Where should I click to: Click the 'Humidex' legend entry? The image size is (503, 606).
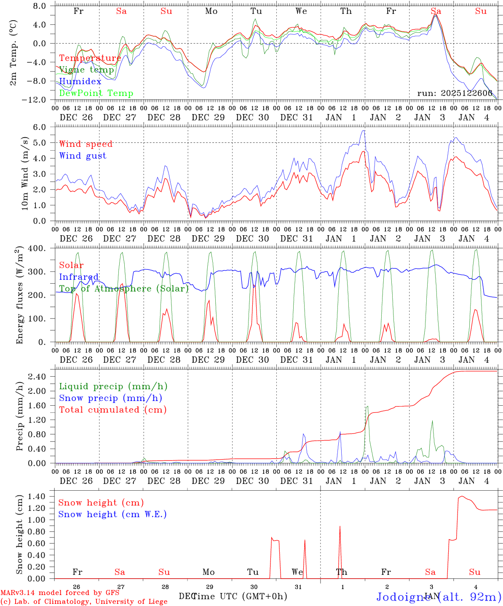pos(80,82)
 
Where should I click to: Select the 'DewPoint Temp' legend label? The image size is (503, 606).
pos(96,93)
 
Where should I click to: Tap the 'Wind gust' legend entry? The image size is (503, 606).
pos(83,156)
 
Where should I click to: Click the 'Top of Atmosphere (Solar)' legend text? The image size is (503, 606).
pos(124,289)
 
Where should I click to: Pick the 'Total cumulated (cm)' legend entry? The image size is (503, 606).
pos(112,410)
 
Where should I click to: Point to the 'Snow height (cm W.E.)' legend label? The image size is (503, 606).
pos(112,514)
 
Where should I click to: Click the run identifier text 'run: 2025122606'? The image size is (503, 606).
pos(455,93)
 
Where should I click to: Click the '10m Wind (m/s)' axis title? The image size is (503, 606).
pos(25,174)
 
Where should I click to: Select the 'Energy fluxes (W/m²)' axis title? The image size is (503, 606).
pos(19,296)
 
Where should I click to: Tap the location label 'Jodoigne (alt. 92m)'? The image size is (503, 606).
pos(438,596)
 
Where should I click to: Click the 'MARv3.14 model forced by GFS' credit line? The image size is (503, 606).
pos(60,593)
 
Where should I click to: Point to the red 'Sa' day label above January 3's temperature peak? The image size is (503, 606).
pos(436,11)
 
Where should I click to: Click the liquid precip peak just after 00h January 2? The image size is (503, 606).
pos(367,407)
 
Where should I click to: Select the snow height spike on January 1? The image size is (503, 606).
pos(340,527)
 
